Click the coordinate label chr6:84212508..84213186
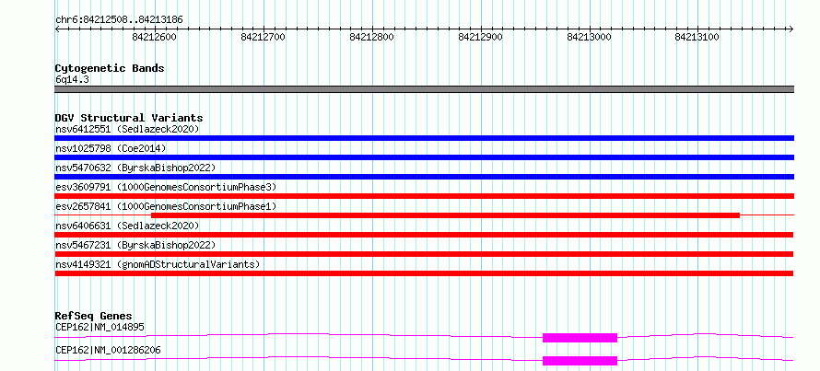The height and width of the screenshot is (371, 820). [119, 20]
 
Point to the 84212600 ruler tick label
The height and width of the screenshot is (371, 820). [154, 37]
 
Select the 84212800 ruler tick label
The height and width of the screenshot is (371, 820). [372, 37]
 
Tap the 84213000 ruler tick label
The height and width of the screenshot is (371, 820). [589, 37]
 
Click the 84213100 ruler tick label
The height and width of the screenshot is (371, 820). [697, 37]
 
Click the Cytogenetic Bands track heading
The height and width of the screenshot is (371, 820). [110, 68]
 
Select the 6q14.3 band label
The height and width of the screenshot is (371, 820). [72, 80]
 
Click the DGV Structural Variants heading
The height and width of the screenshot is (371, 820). [129, 118]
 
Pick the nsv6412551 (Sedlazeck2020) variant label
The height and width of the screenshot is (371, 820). [127, 129]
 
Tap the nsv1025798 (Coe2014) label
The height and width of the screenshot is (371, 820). [111, 148]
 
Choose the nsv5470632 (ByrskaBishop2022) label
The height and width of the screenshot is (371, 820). [135, 168]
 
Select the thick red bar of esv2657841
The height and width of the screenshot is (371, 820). [445, 215]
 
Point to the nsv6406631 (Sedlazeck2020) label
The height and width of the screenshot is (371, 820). [127, 226]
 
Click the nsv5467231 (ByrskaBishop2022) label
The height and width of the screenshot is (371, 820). [135, 245]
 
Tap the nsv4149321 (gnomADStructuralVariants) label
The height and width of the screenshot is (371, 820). [158, 264]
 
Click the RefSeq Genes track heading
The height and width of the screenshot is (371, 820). [94, 316]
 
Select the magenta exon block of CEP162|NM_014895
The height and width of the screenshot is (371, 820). [580, 338]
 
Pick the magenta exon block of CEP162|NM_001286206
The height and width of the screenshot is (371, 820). [580, 361]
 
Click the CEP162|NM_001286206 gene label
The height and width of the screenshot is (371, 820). [108, 350]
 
